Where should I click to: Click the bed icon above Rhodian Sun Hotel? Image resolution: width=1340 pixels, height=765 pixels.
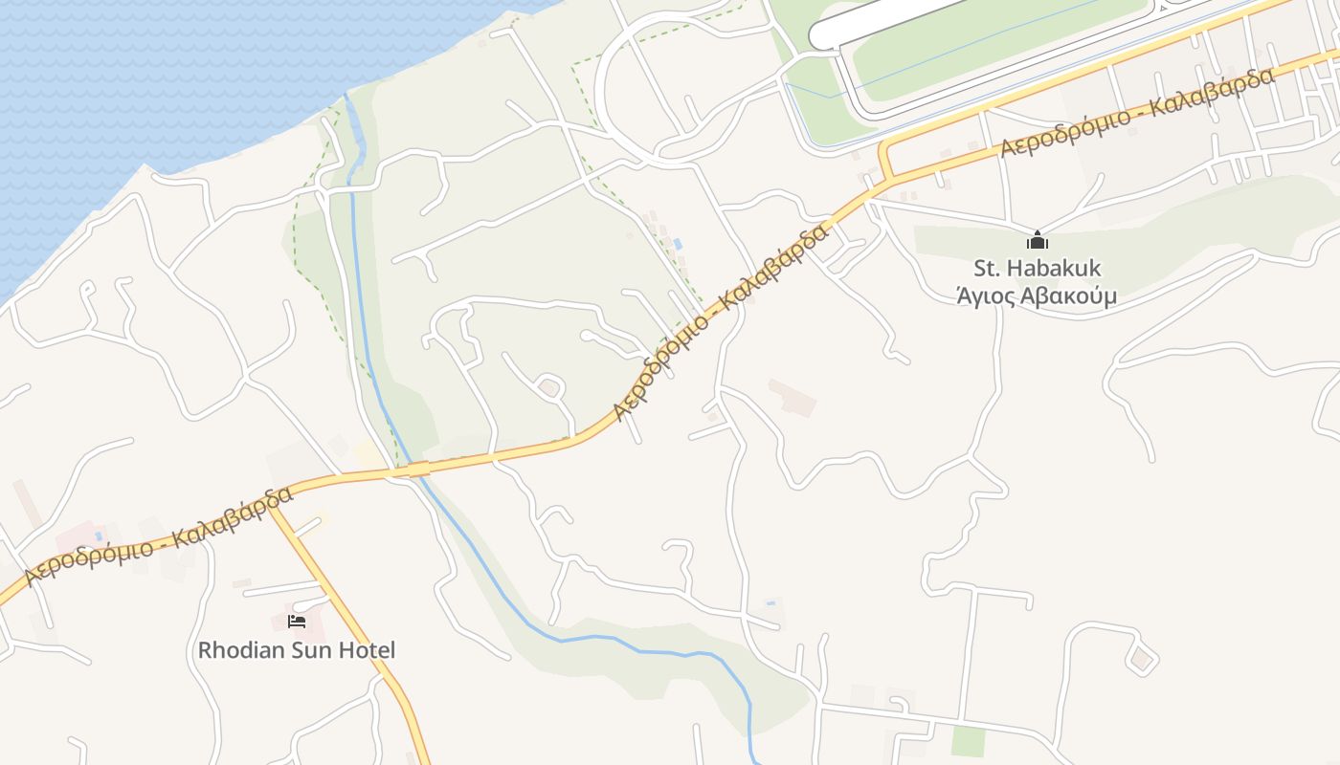(297, 622)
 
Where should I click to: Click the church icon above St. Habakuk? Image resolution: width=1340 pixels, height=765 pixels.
(1038, 240)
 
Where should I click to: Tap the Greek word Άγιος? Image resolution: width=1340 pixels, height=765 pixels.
(985, 296)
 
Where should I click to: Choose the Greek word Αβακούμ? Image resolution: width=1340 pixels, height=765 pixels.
(1069, 296)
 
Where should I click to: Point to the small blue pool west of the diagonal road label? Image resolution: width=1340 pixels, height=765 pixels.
(678, 245)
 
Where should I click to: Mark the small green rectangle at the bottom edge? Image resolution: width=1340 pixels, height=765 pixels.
(969, 741)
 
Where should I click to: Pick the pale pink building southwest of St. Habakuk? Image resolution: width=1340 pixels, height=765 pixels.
(793, 397)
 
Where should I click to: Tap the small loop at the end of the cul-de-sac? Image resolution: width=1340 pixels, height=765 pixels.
(549, 388)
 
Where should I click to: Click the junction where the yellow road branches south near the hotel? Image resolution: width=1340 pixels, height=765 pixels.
(272, 505)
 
